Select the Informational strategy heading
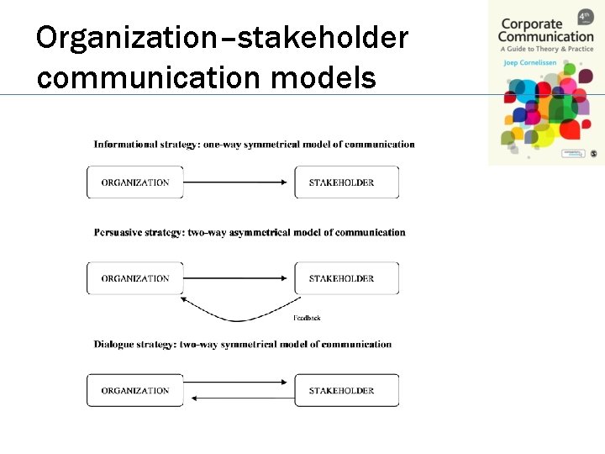pos(254,144)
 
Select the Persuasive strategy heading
pos(250,232)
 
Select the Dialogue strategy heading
pos(243,344)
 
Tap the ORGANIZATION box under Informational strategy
pos(135,182)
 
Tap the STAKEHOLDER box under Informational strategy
pos(346,182)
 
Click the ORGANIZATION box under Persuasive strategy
pos(135,278)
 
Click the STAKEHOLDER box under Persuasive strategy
pos(346,278)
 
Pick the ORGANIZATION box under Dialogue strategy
pos(135,390)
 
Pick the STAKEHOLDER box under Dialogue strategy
pos(346,390)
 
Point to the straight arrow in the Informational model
pos(239,182)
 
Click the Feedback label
pos(307,318)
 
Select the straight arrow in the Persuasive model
pos(239,278)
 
